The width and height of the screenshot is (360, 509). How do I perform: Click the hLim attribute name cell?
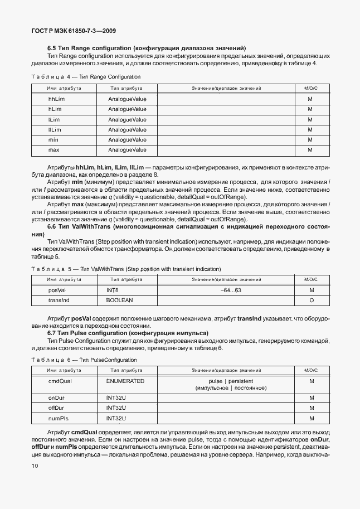pos(55,109)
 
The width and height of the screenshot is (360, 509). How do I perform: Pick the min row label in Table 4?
pos(53,139)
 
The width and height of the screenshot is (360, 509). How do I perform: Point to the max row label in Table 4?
pos(54,150)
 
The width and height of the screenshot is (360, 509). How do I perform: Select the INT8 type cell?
pos(113,290)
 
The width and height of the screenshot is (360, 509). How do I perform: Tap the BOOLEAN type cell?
pos(119,300)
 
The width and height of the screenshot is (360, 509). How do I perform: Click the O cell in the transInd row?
pos(312,300)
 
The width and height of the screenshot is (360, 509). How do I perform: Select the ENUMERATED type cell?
pos(125,381)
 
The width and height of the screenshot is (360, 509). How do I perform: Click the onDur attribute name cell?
pos(56,398)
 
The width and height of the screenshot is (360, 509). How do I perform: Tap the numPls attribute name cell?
pos(59,418)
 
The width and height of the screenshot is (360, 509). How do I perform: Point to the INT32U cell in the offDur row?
pos(116,408)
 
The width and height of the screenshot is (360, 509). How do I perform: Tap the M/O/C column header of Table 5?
pos(312,279)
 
